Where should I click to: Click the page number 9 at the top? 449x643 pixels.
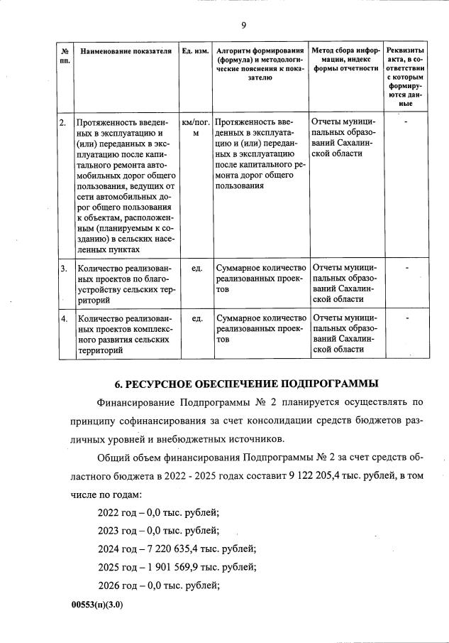tap(243, 26)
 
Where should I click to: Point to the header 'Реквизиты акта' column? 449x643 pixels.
tap(405, 76)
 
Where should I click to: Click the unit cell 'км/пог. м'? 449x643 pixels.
tap(195, 127)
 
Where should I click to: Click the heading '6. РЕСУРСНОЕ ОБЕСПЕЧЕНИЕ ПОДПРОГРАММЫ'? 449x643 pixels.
tap(246, 384)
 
